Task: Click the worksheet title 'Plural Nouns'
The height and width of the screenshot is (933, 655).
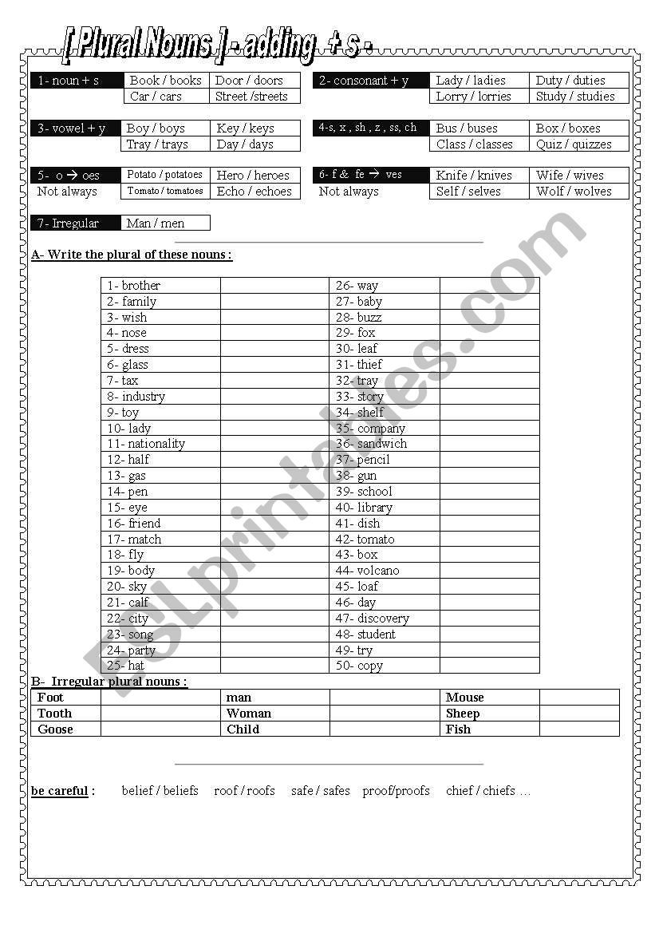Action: tap(140, 45)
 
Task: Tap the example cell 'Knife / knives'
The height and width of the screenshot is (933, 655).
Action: tap(473, 176)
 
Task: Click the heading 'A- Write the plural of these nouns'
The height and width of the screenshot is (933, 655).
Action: tap(132, 255)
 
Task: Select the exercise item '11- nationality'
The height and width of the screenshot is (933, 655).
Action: tap(147, 444)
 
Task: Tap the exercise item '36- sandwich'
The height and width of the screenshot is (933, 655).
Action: tap(371, 444)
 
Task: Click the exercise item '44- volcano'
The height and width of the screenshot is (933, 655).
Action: tap(367, 571)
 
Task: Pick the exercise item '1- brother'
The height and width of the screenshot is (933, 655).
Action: tap(134, 286)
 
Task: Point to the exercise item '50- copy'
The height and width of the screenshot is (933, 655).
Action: tap(359, 666)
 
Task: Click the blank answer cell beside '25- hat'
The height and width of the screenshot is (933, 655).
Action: tap(274, 666)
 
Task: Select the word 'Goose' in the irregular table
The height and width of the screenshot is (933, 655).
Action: tap(55, 729)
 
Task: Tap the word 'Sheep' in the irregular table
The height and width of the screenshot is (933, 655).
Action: tap(463, 714)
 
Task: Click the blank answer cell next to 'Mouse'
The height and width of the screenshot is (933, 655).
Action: tap(579, 698)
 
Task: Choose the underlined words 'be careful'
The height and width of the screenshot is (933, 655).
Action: tap(60, 791)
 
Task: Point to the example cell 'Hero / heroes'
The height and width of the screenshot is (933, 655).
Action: tap(253, 176)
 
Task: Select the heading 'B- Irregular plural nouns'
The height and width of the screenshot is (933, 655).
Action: tap(109, 682)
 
